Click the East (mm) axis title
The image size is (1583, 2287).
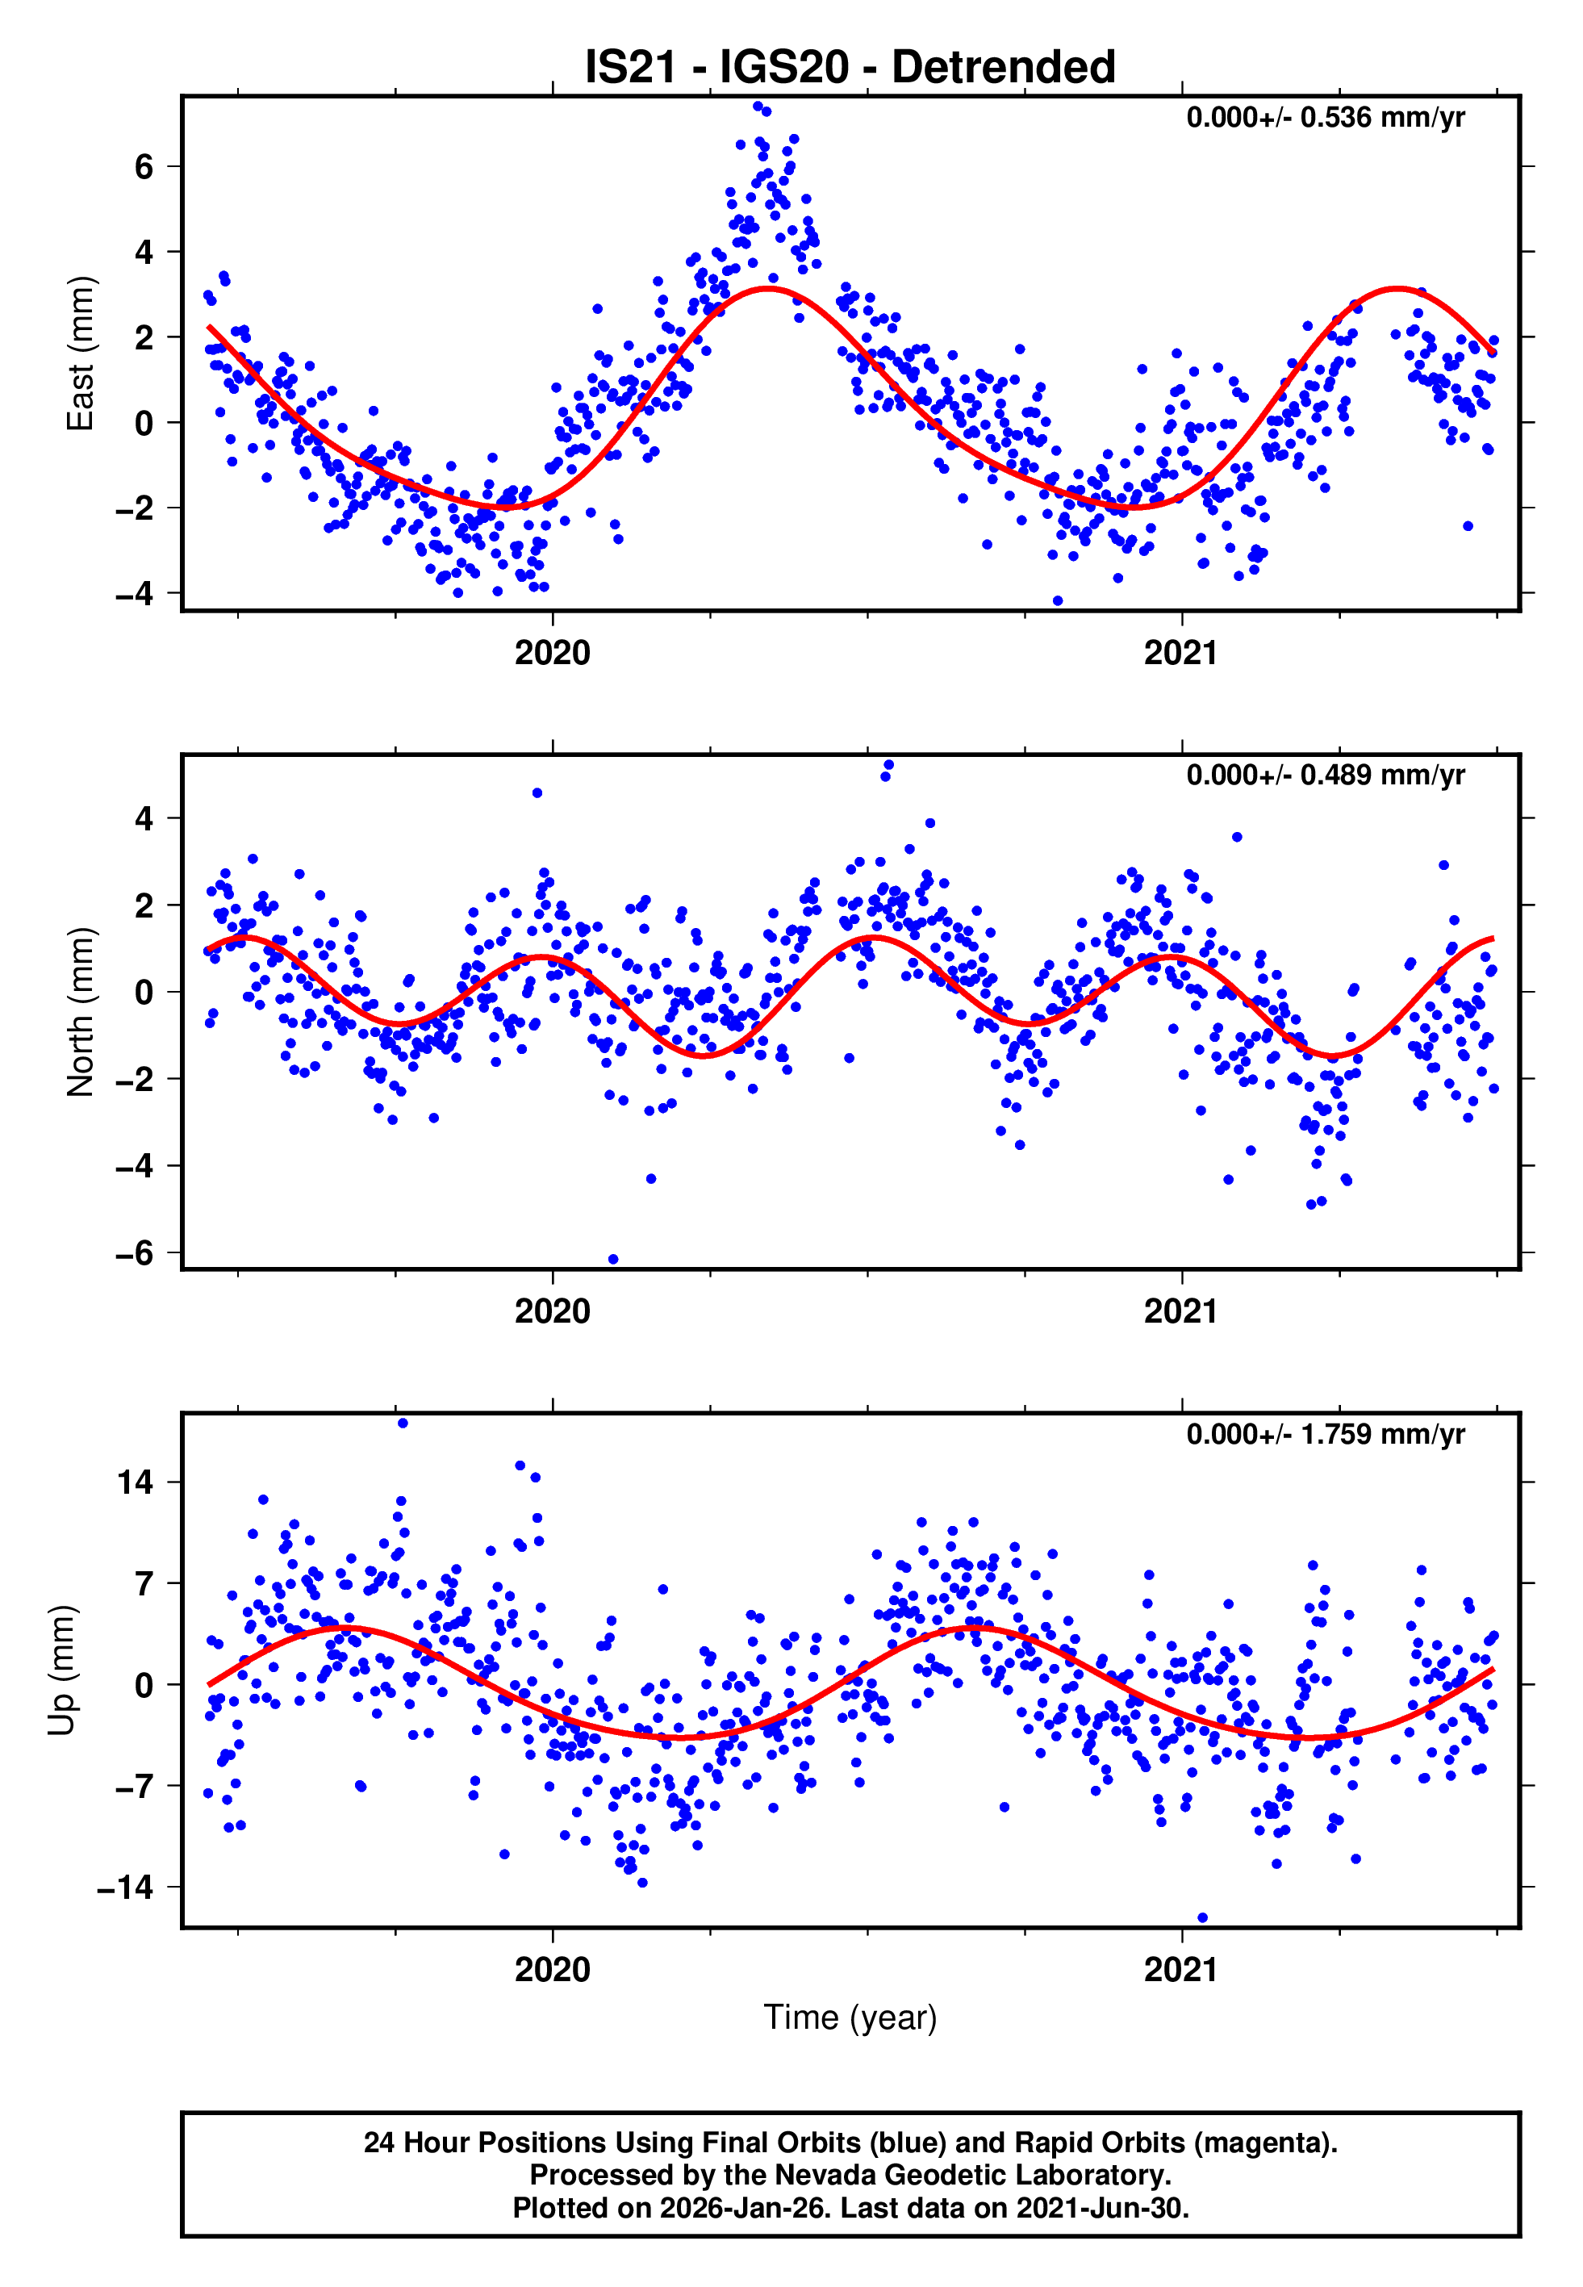(x=79, y=354)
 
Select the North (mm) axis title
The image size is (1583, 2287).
(x=79, y=1012)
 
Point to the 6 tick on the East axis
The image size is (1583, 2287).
(x=144, y=166)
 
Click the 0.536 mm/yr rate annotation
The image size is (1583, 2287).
(x=1324, y=118)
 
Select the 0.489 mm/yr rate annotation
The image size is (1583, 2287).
(x=1324, y=776)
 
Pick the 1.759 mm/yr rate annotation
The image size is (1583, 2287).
(x=1324, y=1434)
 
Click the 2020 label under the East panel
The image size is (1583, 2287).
(x=552, y=654)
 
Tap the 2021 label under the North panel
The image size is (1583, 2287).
(x=1180, y=1311)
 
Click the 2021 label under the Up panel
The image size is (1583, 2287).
(x=1180, y=1969)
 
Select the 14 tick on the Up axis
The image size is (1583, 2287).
(x=134, y=1482)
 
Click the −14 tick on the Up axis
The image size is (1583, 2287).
(x=124, y=1888)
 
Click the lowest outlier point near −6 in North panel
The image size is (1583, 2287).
(x=613, y=1260)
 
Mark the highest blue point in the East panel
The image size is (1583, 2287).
(x=758, y=106)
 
